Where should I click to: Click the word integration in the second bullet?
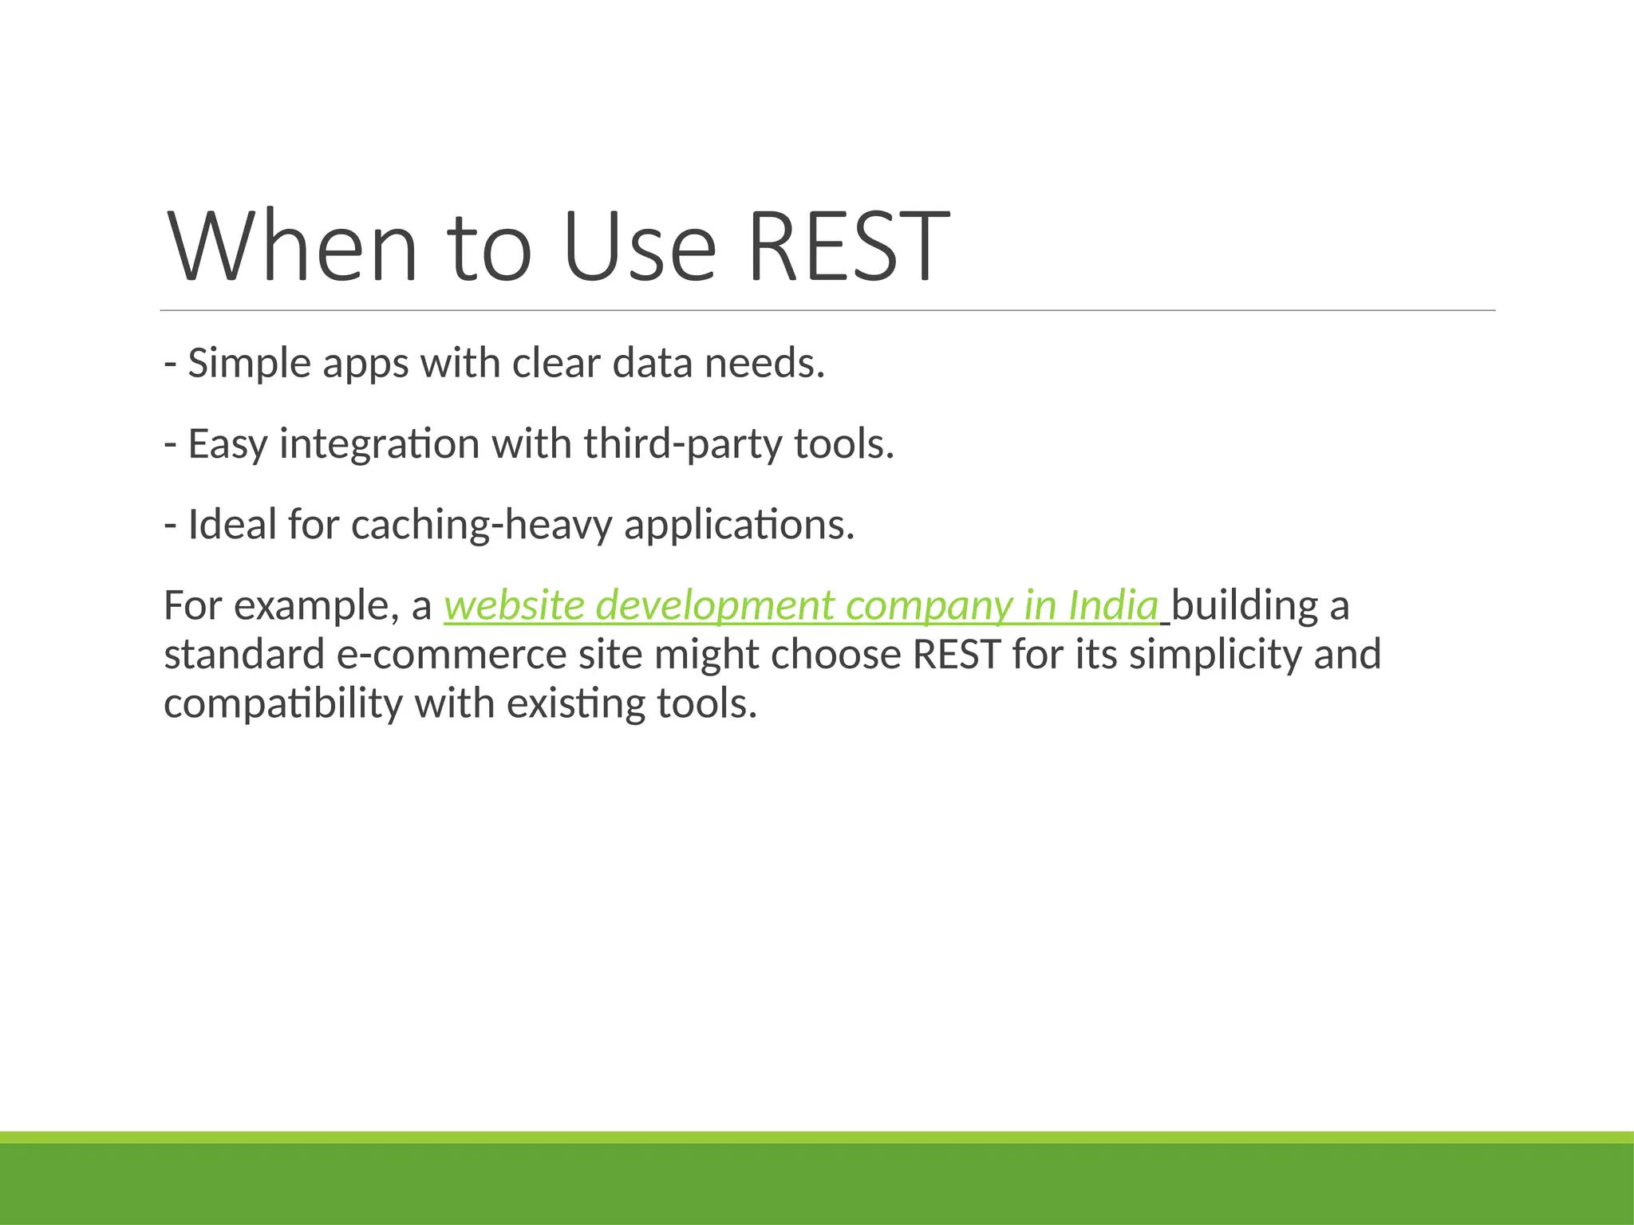[x=378, y=444]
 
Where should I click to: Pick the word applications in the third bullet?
[x=738, y=525]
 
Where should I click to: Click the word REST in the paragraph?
[x=956, y=655]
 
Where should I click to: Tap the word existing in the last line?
[x=574, y=704]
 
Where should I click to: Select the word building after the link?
[x=1244, y=605]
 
